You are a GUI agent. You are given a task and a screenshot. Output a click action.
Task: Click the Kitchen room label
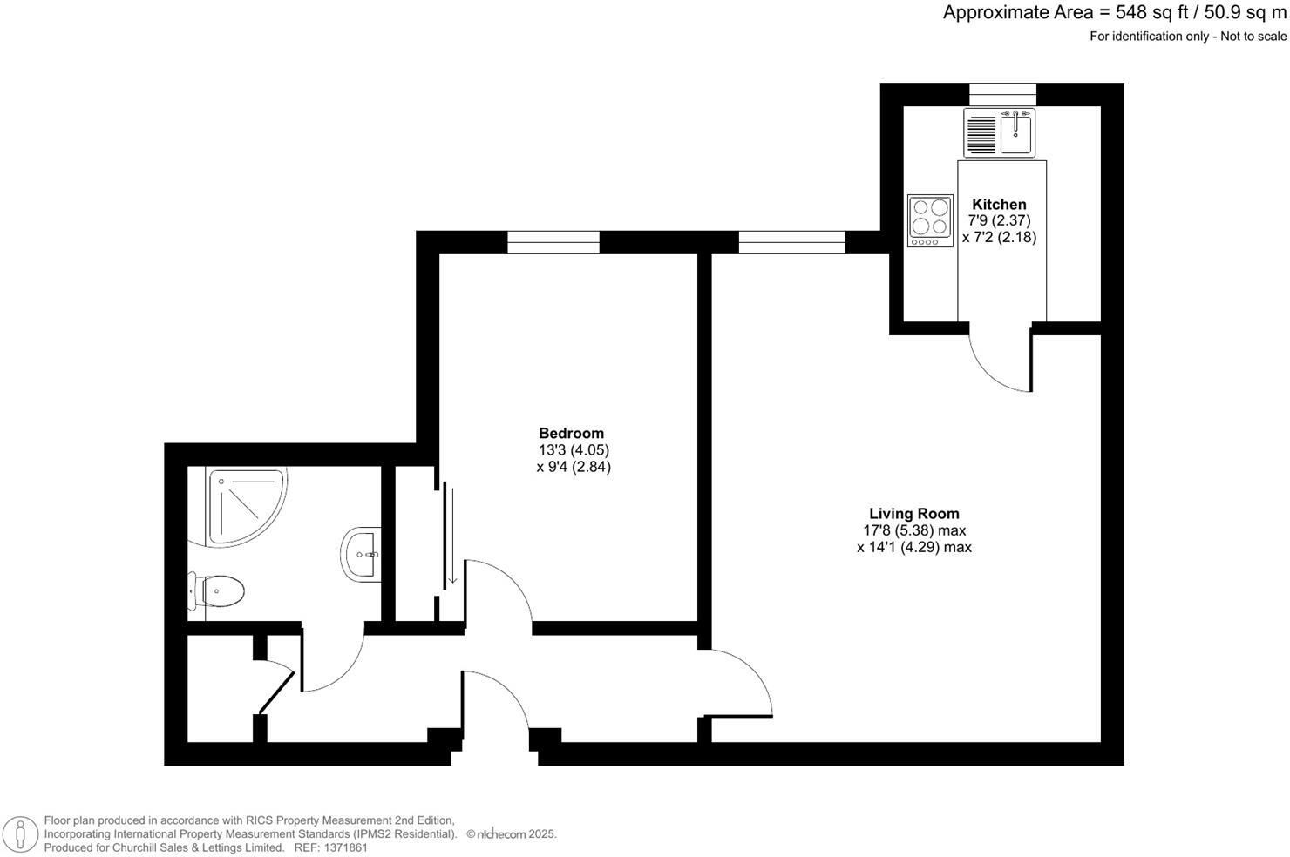[x=999, y=205]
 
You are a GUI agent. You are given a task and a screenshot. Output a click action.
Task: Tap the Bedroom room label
[x=571, y=434]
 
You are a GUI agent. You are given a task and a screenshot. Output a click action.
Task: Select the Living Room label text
[x=913, y=514]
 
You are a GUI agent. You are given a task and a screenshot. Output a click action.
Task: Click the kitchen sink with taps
[x=1015, y=133]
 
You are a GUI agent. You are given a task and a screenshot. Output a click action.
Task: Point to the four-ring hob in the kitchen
[x=929, y=219]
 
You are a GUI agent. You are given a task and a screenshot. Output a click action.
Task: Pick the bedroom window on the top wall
[x=553, y=242]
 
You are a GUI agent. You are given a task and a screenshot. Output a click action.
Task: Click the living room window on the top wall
[x=791, y=242]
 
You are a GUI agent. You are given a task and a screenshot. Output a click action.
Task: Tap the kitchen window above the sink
[x=1002, y=94]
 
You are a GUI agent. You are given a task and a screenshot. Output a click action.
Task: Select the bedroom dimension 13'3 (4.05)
[x=574, y=450]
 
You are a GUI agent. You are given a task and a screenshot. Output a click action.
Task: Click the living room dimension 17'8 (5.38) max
[x=913, y=530]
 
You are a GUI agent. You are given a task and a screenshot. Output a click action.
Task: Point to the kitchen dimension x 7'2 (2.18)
[x=999, y=237]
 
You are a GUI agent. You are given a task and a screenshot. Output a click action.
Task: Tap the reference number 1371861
[x=343, y=847]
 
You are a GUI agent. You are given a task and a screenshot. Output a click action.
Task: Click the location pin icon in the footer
[x=18, y=833]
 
